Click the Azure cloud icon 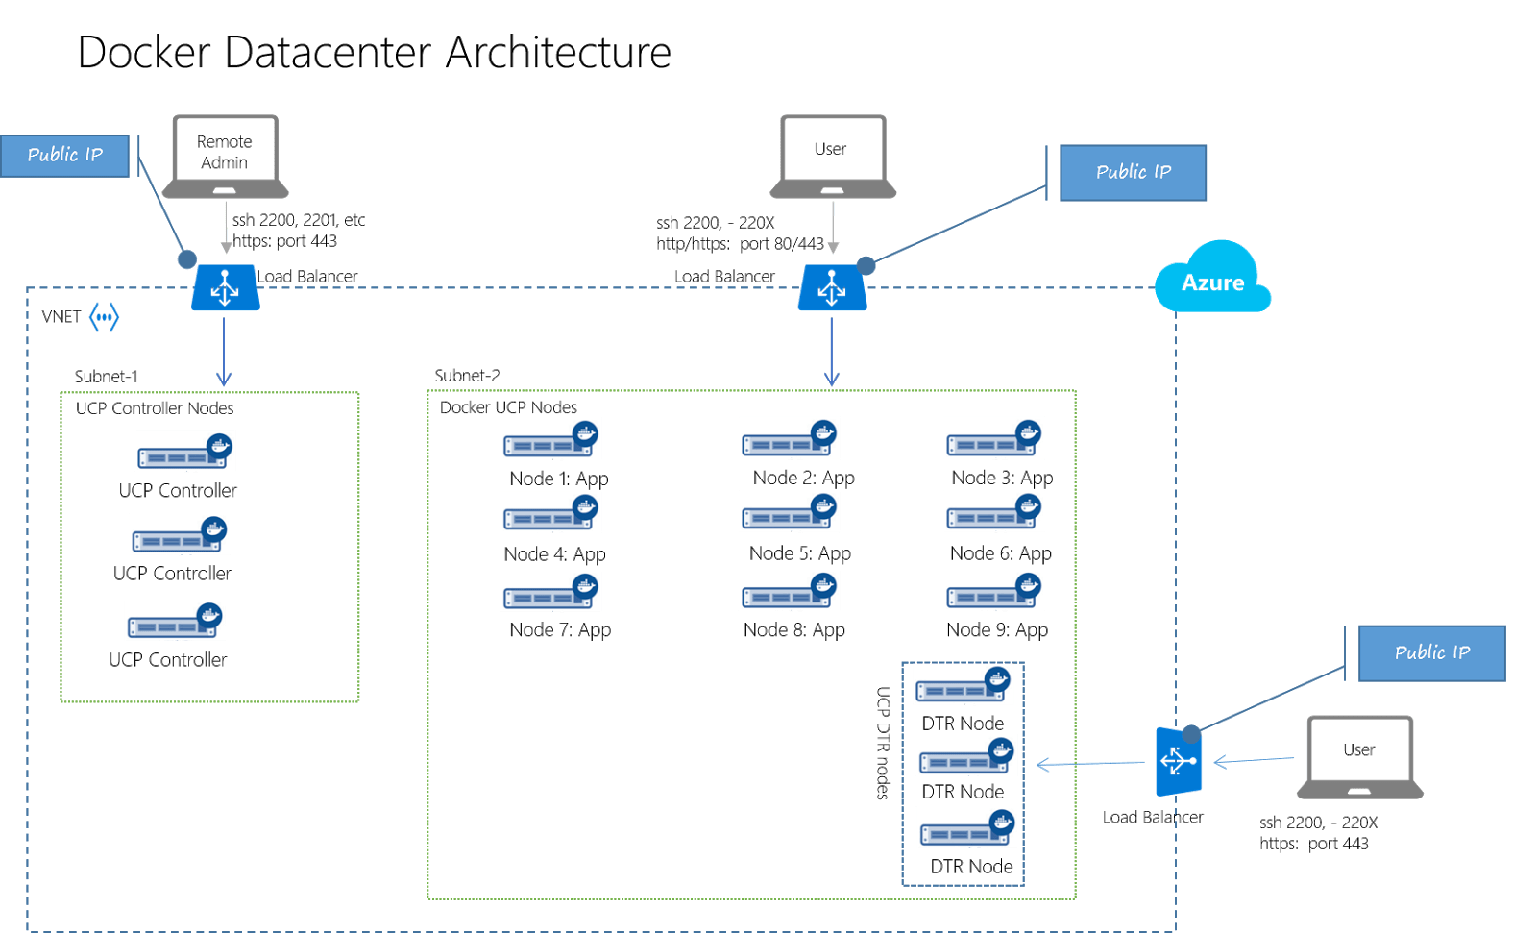click(1212, 277)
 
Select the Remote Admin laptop click(225, 157)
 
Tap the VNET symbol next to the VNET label click(105, 317)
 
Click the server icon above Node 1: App click(550, 439)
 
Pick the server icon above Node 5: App click(789, 512)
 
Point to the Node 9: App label click(997, 630)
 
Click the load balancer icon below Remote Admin click(225, 287)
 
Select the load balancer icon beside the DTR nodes click(1178, 761)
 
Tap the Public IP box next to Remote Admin click(64, 156)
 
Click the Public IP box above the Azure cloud click(1133, 173)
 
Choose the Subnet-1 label click(107, 377)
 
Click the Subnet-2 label click(467, 376)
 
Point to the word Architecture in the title click(558, 52)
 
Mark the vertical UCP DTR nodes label click(883, 743)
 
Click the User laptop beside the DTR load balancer click(1359, 757)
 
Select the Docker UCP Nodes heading click(508, 407)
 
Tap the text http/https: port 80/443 click(740, 244)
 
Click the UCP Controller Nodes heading click(155, 408)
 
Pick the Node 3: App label click(1002, 478)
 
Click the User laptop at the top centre click(832, 157)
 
